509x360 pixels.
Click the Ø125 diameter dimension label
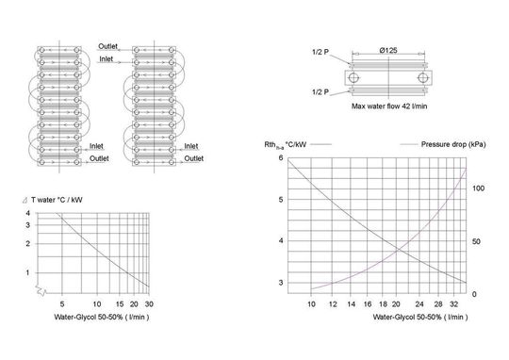(x=388, y=50)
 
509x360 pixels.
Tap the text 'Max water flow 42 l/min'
(x=389, y=106)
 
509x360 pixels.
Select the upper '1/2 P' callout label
(x=320, y=52)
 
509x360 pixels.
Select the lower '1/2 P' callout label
(x=320, y=92)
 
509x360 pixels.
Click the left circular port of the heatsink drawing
(x=353, y=77)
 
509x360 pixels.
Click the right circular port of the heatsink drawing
(x=423, y=77)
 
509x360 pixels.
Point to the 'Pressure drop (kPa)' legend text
(x=453, y=144)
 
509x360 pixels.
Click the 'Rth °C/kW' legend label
(x=285, y=145)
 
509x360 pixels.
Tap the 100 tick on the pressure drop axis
(x=478, y=188)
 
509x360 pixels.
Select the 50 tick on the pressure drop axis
(x=476, y=241)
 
